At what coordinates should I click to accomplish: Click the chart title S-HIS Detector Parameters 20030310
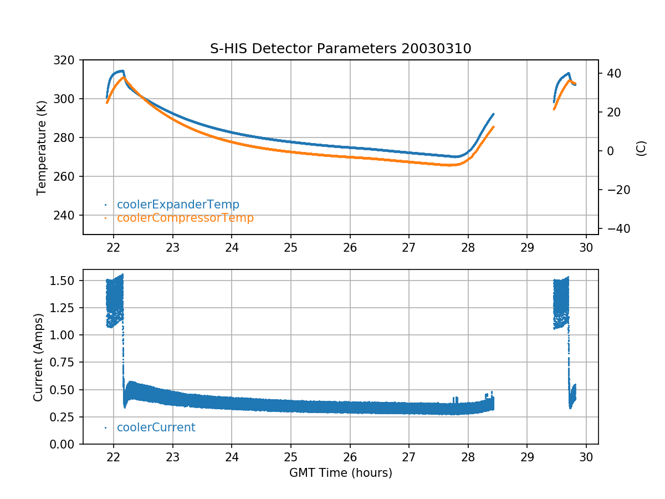(x=340, y=49)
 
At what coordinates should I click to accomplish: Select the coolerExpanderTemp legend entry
(x=177, y=205)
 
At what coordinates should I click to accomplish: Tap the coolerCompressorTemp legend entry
(x=185, y=218)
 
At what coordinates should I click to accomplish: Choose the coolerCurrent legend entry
(x=156, y=427)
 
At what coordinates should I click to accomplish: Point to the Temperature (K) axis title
(x=41, y=147)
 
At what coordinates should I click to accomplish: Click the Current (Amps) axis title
(x=38, y=357)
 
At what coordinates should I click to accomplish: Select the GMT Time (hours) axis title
(x=340, y=473)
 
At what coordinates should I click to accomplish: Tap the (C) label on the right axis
(x=641, y=148)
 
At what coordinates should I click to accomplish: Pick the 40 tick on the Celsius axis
(x=613, y=73)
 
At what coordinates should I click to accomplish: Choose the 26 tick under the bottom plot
(x=350, y=457)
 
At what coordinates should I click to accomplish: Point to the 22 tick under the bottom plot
(x=114, y=457)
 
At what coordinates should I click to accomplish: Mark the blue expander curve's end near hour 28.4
(x=493, y=114)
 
